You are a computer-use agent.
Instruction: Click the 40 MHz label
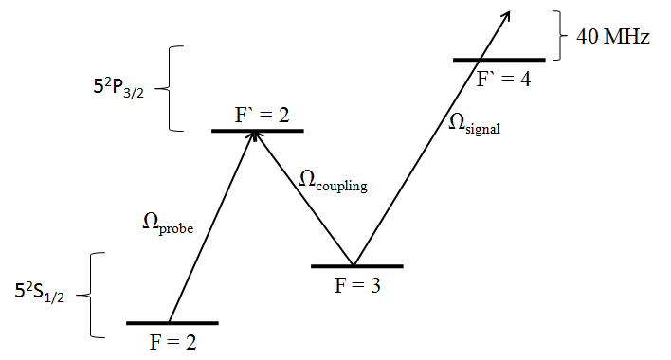[612, 38]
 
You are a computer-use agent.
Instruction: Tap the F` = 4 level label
[503, 79]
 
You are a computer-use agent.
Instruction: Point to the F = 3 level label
[358, 284]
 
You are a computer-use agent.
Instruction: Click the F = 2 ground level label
[173, 341]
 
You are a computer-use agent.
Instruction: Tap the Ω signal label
[474, 125]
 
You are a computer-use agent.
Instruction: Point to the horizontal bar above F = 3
[357, 266]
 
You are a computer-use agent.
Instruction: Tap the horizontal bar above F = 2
[172, 323]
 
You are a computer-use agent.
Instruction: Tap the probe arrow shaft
[210, 227]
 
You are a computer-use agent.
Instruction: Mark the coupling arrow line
[303, 198]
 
